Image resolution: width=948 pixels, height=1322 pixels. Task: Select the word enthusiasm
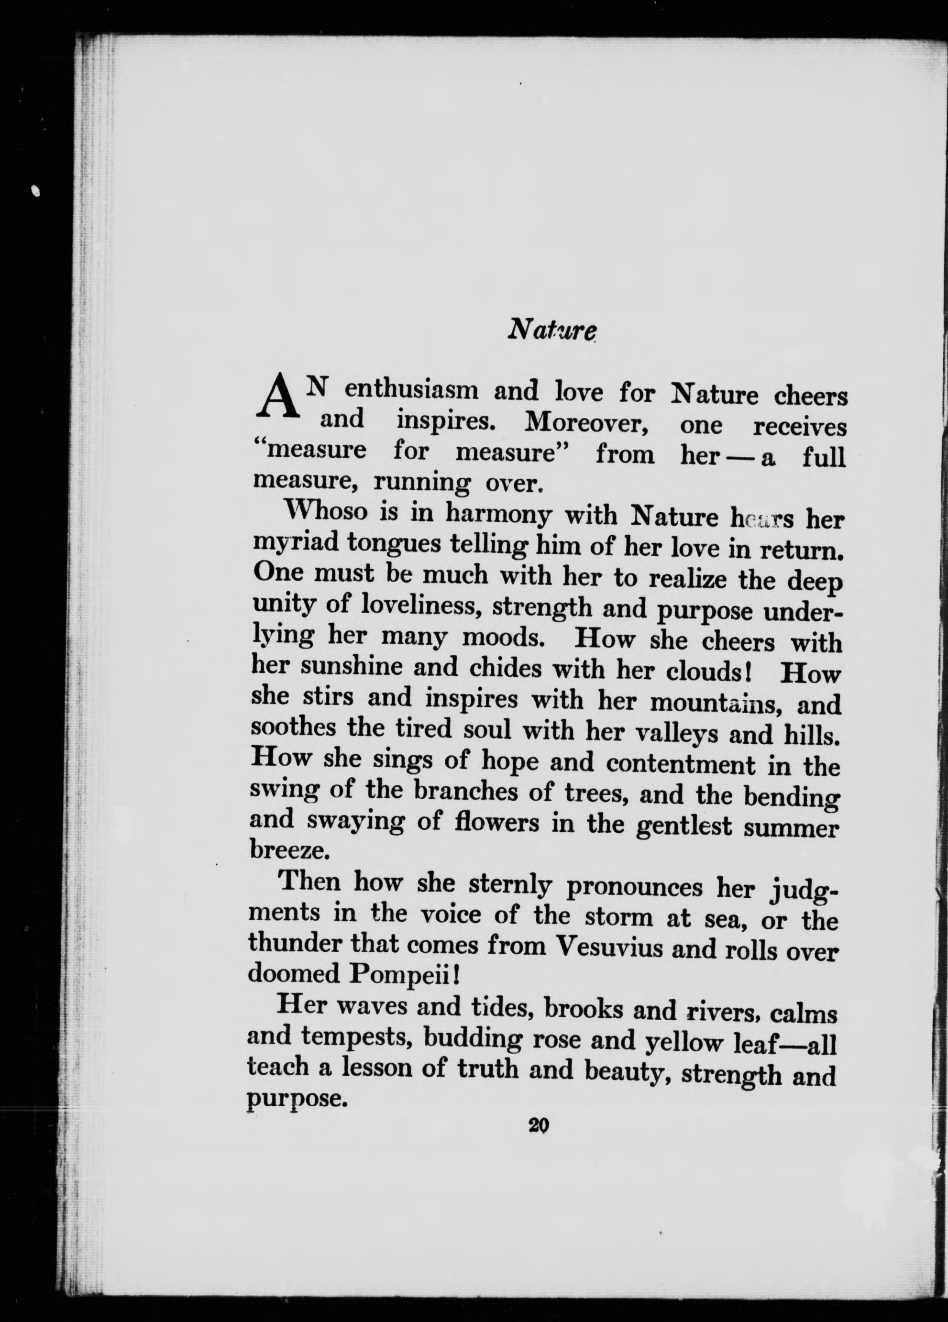pos(412,390)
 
